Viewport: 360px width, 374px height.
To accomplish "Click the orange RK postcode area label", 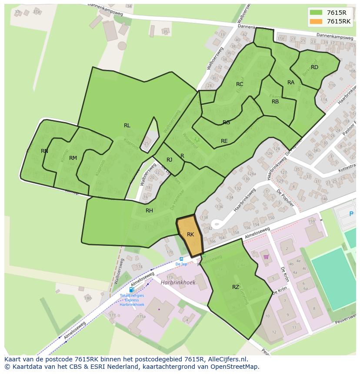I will point(190,235).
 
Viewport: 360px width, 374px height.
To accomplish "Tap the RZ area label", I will point(236,287).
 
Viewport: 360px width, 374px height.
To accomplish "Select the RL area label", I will point(127,126).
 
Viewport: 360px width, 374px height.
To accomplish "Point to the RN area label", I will point(44,151).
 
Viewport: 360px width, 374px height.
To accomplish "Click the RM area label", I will point(73,158).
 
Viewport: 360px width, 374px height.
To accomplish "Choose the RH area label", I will point(149,211).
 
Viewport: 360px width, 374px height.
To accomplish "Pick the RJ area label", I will point(170,160).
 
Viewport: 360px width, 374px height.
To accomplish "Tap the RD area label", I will point(314,67).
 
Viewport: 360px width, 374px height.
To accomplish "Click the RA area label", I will point(291,83).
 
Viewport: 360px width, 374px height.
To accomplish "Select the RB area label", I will point(275,102).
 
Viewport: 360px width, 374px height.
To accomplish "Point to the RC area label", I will point(240,84).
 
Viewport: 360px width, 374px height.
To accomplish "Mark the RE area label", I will point(224,141).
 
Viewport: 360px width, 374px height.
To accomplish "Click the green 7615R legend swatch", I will point(316,13).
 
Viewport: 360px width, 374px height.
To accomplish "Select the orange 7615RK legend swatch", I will point(316,21).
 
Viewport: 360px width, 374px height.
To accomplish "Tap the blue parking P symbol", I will point(351,214).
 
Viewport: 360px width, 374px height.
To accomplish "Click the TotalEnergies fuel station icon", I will point(131,290).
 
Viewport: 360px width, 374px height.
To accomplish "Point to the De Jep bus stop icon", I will point(181,259).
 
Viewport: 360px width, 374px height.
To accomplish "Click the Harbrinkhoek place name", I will point(178,282).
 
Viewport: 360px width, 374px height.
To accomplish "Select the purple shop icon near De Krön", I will point(266,257).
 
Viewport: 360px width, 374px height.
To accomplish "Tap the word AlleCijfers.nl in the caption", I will point(226,360).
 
